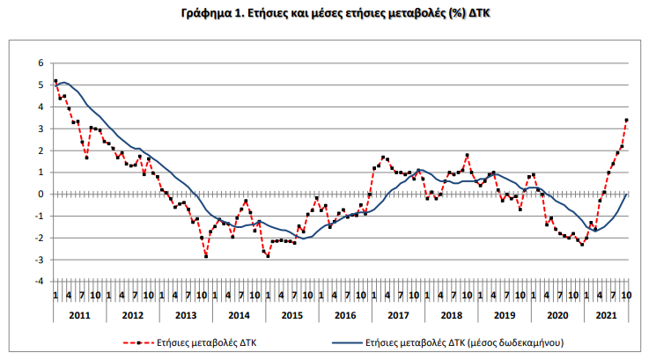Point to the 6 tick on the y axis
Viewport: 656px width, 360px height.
pyautogui.click(x=41, y=63)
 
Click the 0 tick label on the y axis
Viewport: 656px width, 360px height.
pyautogui.click(x=41, y=195)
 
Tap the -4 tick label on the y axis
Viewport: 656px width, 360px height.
pyautogui.click(x=38, y=282)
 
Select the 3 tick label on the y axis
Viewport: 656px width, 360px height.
pyautogui.click(x=41, y=129)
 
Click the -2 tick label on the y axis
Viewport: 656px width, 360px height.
pyautogui.click(x=38, y=238)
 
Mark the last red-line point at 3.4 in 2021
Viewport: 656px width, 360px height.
pyautogui.click(x=626, y=120)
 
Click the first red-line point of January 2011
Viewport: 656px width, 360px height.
pyautogui.click(x=55, y=81)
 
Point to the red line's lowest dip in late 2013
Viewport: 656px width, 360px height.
pyautogui.click(x=206, y=256)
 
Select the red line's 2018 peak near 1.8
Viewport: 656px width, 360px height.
pyautogui.click(x=467, y=155)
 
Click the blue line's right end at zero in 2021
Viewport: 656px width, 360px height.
pyautogui.click(x=626, y=194)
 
